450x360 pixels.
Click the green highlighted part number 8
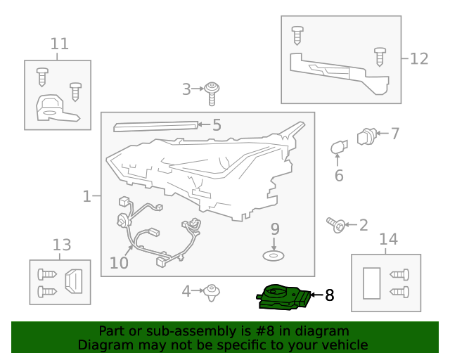click(x=283, y=297)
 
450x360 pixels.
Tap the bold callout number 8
click(x=330, y=295)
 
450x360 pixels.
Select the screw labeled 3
click(x=212, y=94)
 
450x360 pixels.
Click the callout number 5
click(x=217, y=125)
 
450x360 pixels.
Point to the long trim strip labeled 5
click(x=155, y=127)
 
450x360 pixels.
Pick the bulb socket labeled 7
click(x=366, y=136)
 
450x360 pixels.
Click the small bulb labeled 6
click(x=339, y=147)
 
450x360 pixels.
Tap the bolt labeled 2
click(x=336, y=225)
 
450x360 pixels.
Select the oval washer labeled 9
click(x=274, y=255)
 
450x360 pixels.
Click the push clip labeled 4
click(x=212, y=292)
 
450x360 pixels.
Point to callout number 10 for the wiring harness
click(x=119, y=263)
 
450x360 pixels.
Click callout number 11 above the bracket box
click(x=60, y=44)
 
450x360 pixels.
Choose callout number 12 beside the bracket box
click(x=419, y=59)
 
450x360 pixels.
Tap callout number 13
click(x=62, y=245)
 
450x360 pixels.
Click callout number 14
click(x=389, y=239)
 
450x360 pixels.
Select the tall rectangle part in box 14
click(x=372, y=283)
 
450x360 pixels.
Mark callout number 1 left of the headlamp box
click(x=86, y=197)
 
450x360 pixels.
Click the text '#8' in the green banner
click(x=264, y=331)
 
